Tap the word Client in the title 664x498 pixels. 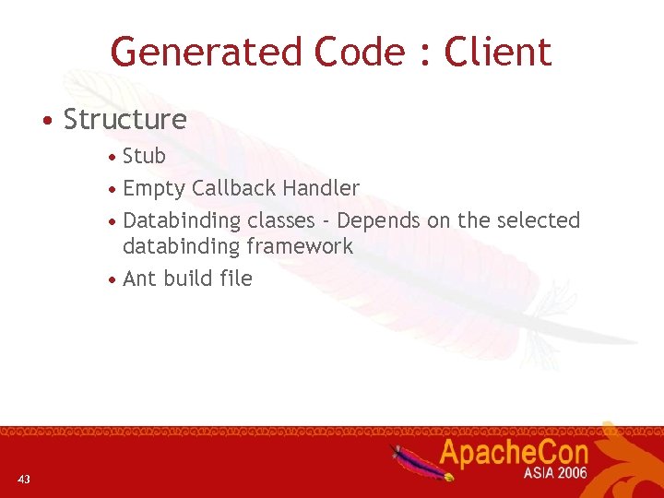coord(498,52)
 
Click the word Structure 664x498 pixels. coord(125,120)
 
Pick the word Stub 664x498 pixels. coord(144,156)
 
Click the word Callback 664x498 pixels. coord(233,188)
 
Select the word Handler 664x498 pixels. coord(321,188)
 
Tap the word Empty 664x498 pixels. coord(154,189)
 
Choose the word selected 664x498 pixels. coord(538,220)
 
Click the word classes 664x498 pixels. coord(280,220)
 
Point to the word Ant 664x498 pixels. coord(139,279)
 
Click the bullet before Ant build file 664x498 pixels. coord(112,279)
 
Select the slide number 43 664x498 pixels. coord(24,478)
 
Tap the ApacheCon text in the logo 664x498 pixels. coord(513,453)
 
